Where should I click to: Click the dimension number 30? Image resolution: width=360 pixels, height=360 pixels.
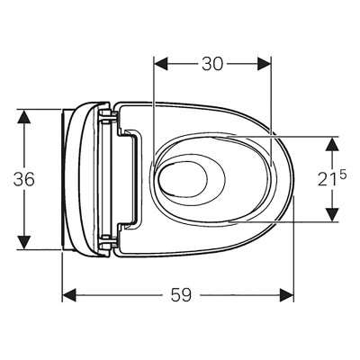click(212, 64)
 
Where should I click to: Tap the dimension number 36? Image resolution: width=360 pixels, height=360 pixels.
click(24, 179)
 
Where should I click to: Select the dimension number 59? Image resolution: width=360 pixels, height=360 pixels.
click(181, 294)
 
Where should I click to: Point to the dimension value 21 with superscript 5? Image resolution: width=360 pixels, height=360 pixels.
click(332, 178)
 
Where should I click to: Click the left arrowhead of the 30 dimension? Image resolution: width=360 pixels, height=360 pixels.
click(160, 64)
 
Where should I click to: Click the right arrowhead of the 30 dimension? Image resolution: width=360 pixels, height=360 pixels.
click(264, 64)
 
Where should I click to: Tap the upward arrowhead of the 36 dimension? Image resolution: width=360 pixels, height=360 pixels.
click(24, 116)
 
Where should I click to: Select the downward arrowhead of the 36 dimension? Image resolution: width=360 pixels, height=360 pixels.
click(24, 242)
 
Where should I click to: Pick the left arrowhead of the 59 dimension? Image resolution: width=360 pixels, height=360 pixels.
click(69, 295)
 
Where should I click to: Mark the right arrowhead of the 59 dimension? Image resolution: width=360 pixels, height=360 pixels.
click(286, 295)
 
